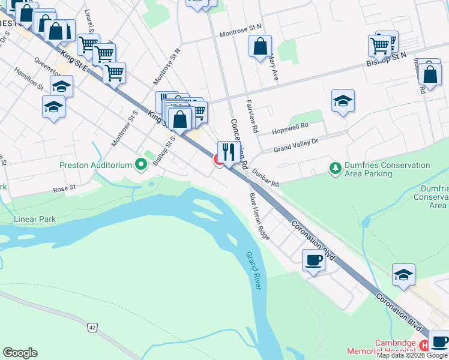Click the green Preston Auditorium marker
coord(141,164)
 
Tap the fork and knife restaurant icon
coord(229,152)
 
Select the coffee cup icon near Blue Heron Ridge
coord(312,260)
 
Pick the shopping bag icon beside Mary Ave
coord(260,46)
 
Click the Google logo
coord(20,353)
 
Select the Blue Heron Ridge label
coord(259,216)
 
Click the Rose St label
coord(64,188)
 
